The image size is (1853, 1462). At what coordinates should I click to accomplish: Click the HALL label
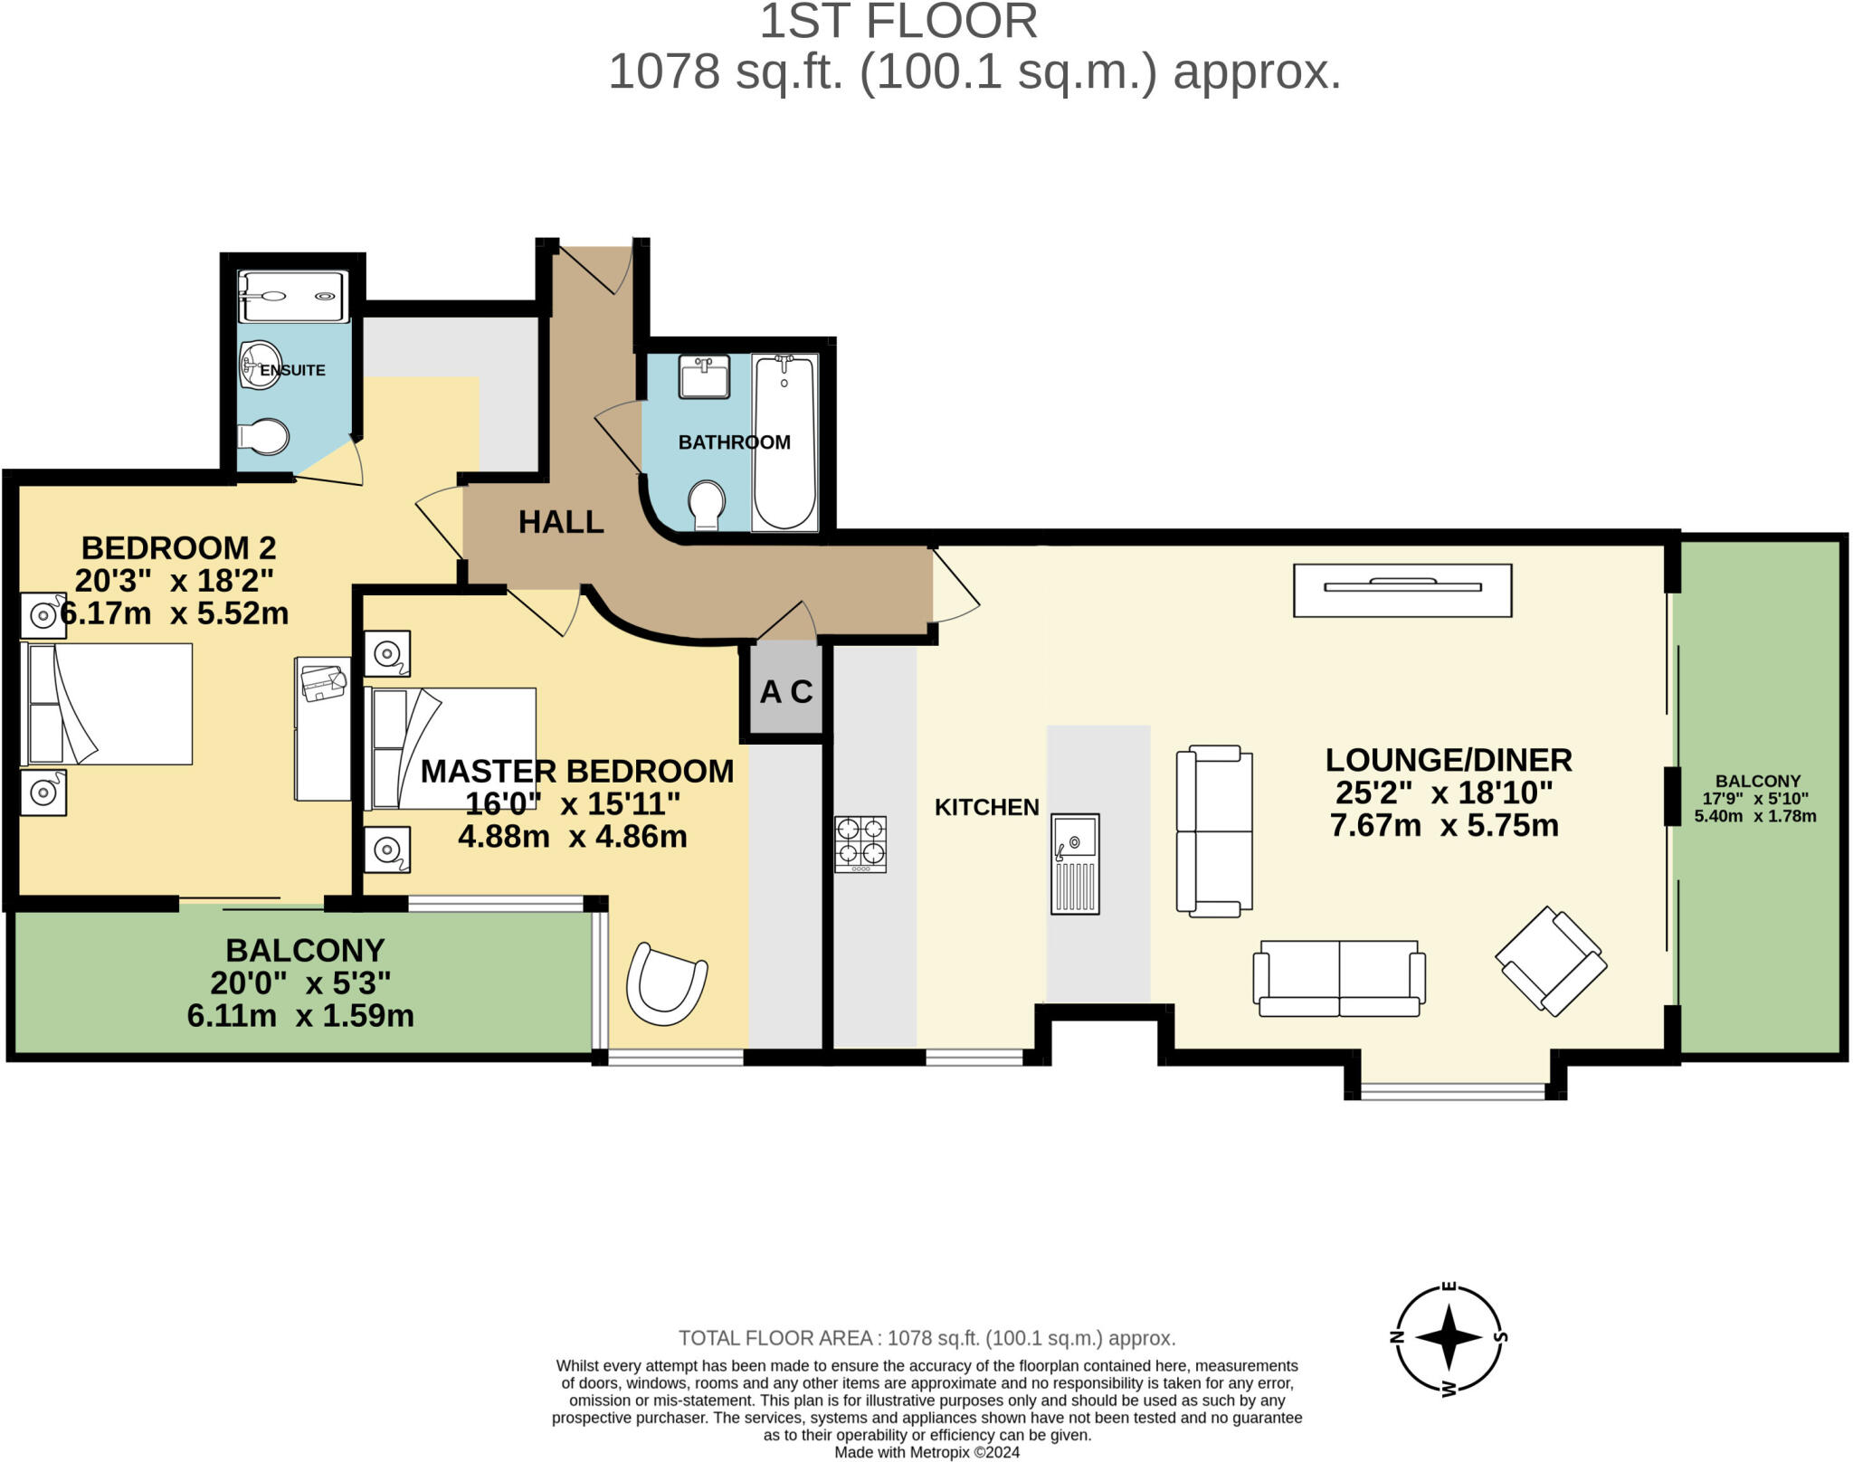561,522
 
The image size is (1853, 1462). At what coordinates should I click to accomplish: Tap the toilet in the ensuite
263,437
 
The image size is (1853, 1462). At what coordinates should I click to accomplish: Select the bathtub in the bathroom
784,441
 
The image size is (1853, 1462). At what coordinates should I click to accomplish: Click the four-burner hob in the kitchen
860,844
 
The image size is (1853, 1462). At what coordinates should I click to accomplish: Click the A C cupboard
785,692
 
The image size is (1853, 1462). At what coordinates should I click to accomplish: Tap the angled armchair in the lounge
1551,961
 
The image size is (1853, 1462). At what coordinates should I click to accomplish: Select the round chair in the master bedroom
667,984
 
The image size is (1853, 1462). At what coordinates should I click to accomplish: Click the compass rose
1449,1337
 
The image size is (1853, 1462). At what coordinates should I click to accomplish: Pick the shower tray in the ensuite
291,296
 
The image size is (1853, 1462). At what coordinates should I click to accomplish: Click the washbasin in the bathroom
704,376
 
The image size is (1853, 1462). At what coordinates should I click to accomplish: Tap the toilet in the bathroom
706,505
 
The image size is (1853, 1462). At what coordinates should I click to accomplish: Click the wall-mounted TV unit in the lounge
1402,590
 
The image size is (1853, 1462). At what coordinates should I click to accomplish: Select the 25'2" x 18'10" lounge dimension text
1444,793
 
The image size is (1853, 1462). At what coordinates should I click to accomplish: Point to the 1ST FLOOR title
898,22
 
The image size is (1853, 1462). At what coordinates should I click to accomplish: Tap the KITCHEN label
986,807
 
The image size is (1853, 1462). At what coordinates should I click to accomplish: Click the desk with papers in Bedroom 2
323,728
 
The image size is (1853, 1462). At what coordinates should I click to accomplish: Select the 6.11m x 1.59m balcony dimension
300,1016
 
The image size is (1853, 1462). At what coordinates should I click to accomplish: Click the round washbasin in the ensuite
260,365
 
